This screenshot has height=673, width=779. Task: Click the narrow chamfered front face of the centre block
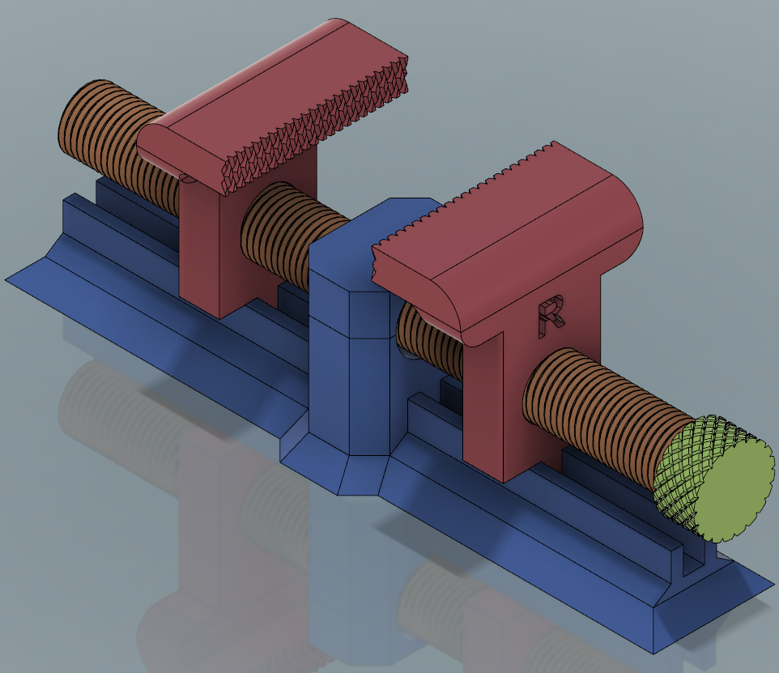[x=368, y=373]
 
